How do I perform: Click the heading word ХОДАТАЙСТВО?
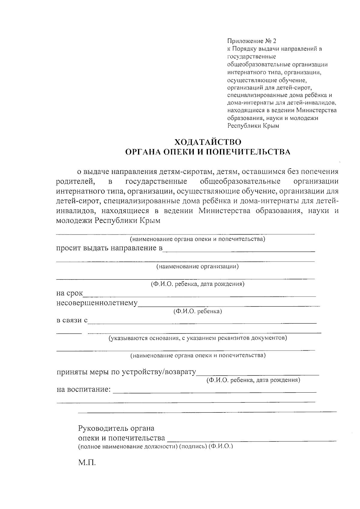click(x=208, y=142)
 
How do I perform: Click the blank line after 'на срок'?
click(x=199, y=296)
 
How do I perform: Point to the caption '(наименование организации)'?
click(x=197, y=266)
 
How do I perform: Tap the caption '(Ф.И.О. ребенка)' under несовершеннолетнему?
click(x=198, y=311)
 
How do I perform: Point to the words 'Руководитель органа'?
click(x=116, y=428)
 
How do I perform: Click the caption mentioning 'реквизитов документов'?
click(x=198, y=338)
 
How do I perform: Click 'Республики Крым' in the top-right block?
click(x=253, y=126)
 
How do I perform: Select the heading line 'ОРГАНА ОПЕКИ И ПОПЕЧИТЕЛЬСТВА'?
click(x=208, y=152)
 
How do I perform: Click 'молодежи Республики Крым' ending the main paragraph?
click(x=108, y=221)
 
